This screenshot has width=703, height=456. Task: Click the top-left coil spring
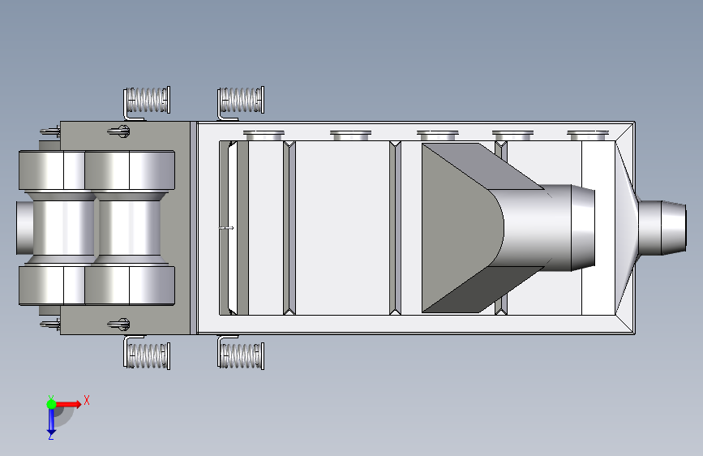[147, 100]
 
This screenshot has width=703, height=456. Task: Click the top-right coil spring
[241, 100]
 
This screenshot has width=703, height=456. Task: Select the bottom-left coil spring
[147, 356]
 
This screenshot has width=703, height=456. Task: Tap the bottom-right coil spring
[241, 356]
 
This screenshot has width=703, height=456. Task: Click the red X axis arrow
[68, 404]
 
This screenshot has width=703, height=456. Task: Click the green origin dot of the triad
[52, 404]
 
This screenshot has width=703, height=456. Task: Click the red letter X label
[87, 400]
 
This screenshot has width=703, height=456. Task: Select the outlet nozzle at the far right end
[662, 227]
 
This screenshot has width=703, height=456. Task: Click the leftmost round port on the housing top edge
[264, 135]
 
